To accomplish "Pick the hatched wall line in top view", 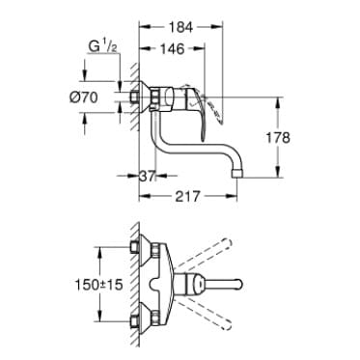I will point(126,286).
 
